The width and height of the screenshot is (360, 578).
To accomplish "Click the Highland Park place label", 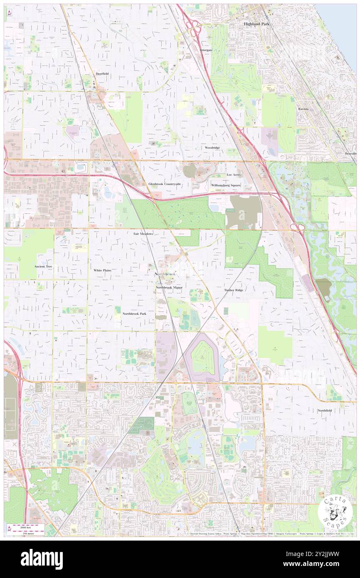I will point(256,24).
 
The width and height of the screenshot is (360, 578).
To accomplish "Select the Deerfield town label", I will point(102,74).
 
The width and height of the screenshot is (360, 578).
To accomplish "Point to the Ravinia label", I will point(303,109).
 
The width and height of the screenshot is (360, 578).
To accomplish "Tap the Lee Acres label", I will point(234,175).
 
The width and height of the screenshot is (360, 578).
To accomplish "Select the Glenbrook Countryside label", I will point(165,183).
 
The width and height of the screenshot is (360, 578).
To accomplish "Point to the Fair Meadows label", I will point(143,234).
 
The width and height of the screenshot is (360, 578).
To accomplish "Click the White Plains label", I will point(103,270).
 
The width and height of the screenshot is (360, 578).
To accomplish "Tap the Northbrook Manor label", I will point(169,287).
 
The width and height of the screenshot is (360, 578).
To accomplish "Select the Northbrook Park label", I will point(134,314).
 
